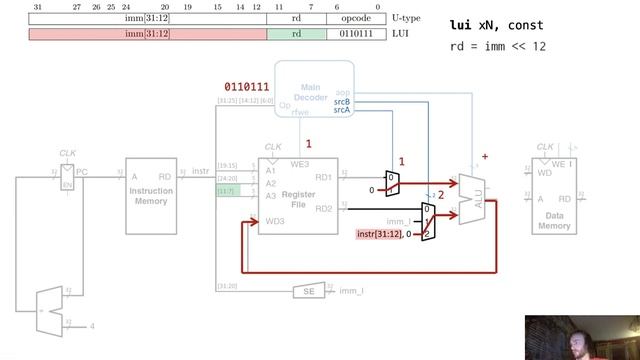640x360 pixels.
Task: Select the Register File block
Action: coord(298,196)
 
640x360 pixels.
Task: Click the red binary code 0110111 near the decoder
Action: coord(247,88)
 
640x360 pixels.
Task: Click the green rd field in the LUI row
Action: coord(295,34)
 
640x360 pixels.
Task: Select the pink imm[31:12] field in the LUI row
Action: coord(147,34)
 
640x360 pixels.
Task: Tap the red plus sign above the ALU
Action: coord(485,156)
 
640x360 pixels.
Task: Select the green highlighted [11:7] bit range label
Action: coord(228,190)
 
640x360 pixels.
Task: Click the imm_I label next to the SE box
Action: coord(351,291)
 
